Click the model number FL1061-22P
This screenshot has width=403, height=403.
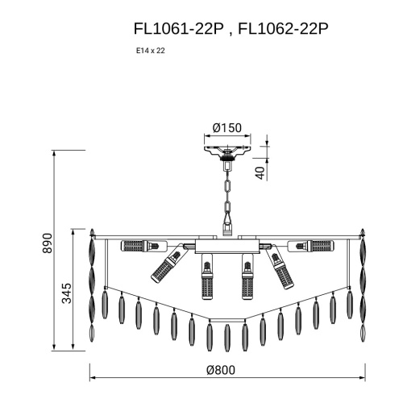click(179, 29)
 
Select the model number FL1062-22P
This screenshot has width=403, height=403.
click(283, 29)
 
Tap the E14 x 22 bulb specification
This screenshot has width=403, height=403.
click(151, 51)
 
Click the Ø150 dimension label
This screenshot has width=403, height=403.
click(227, 128)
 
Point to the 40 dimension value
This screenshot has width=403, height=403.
click(260, 173)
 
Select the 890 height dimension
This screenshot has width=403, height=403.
click(48, 243)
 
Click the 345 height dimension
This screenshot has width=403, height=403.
click(67, 293)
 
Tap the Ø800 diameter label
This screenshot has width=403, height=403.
click(221, 370)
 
